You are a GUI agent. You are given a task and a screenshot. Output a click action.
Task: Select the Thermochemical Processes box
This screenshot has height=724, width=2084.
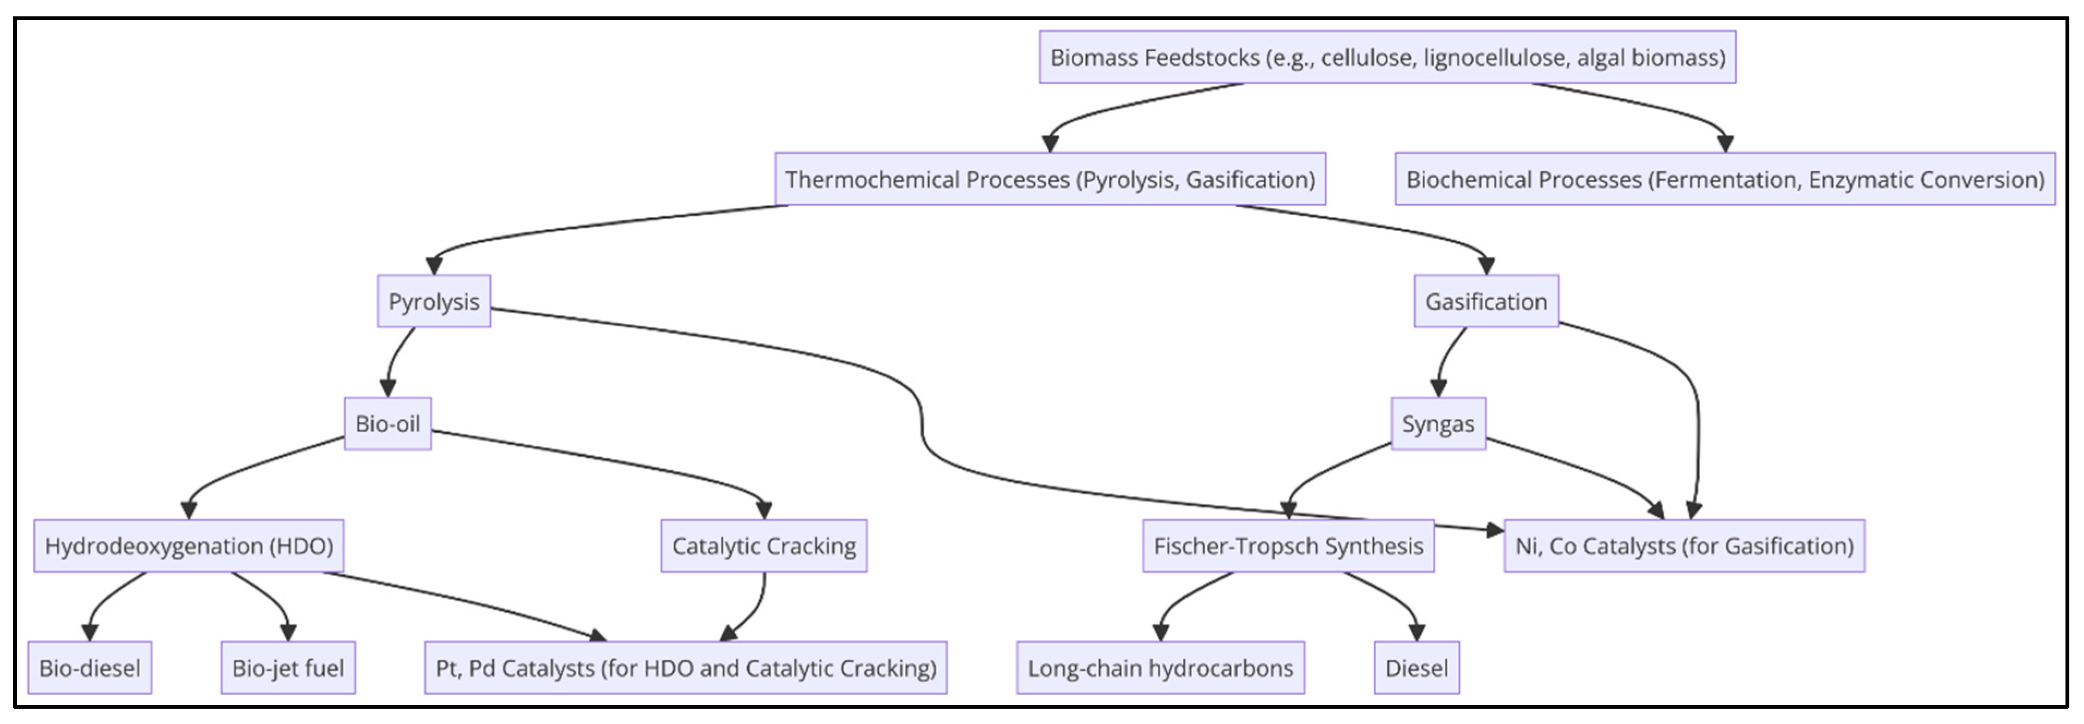click(1049, 179)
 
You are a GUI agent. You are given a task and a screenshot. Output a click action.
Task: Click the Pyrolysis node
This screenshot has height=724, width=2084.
click(434, 301)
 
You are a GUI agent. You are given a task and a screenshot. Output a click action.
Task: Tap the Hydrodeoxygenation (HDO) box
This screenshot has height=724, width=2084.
click(189, 546)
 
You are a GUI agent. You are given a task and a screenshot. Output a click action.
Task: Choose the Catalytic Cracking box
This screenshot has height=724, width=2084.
click(764, 546)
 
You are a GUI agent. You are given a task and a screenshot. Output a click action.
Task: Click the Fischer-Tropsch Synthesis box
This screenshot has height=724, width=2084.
click(1288, 546)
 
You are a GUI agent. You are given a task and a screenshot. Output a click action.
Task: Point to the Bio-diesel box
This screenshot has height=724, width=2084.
click(90, 668)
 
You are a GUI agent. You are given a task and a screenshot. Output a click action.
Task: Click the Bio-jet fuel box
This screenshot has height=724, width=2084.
click(288, 668)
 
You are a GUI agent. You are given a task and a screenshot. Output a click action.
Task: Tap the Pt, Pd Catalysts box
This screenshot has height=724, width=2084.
click(685, 668)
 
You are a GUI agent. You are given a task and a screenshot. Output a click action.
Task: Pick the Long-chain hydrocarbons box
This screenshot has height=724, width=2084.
click(1160, 668)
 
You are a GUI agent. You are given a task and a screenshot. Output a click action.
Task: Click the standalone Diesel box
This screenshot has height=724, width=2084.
click(1416, 668)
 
